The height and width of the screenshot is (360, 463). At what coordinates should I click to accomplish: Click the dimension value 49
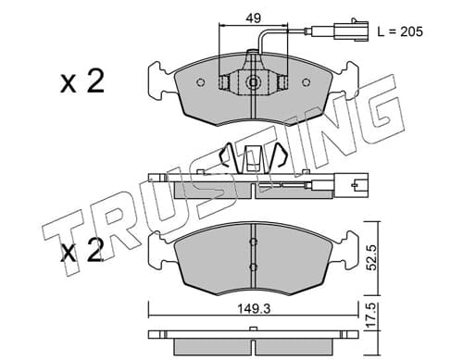253,19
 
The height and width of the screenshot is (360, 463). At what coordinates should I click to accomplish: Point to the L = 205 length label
400,31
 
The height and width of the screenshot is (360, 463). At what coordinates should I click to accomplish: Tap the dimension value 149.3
254,308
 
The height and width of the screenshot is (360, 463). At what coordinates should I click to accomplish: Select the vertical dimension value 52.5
372,257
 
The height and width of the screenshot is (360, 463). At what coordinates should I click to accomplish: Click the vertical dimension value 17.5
372,316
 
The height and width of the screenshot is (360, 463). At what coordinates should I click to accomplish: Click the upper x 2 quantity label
82,81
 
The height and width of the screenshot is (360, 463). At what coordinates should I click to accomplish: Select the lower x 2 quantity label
82,251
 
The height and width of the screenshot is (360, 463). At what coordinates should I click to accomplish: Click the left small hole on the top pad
201,82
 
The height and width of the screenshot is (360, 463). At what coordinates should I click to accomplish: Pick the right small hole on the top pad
306,82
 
